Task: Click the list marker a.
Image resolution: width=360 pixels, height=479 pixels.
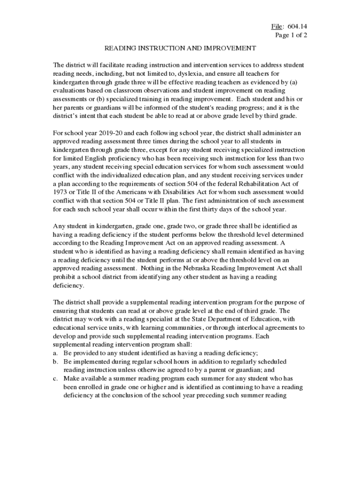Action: click(x=55, y=353)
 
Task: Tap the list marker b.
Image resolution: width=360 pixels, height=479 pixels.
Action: click(x=55, y=362)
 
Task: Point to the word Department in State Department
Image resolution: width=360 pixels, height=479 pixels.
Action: click(x=215, y=319)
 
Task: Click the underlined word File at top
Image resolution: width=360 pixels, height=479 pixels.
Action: click(x=271, y=26)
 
